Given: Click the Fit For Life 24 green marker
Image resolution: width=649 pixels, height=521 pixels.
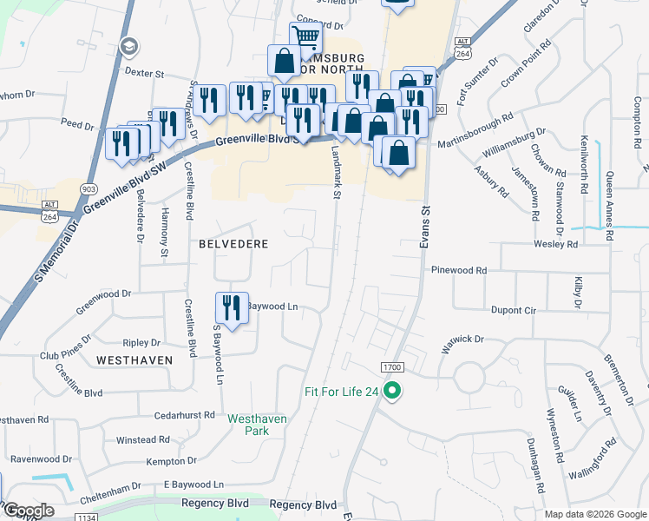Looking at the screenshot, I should (x=392, y=392).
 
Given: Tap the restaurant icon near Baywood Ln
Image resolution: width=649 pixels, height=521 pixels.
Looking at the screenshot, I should (x=232, y=307).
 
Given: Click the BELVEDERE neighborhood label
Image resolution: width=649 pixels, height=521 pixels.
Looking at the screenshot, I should (x=233, y=244).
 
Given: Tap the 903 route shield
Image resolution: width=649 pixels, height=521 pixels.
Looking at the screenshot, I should (x=88, y=188).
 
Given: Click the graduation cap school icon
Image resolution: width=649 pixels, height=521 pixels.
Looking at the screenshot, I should (x=128, y=46).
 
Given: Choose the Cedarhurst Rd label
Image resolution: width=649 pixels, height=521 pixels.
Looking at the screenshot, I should (x=189, y=415).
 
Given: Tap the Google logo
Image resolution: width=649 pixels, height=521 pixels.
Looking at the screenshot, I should (x=29, y=511).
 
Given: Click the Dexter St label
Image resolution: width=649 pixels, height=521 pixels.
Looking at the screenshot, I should (x=144, y=74).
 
